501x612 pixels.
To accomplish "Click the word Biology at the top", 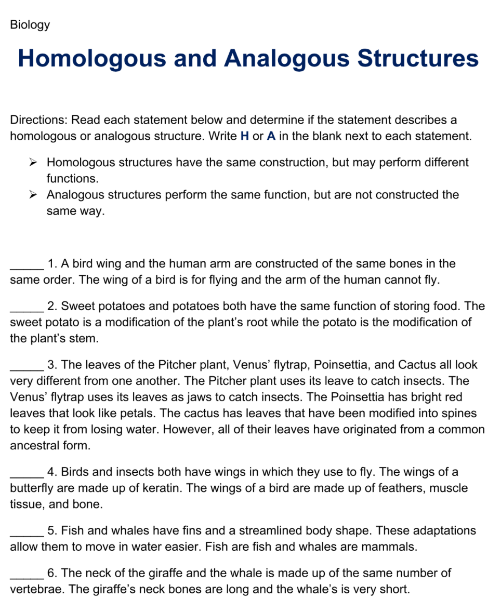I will tap(30, 25).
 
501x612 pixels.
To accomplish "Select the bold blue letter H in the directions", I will tap(245, 137).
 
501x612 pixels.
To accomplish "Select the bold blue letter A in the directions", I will tap(271, 137).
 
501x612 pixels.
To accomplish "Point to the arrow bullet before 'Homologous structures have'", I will tap(33, 163).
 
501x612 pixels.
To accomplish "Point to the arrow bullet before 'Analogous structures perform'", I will tap(33, 195).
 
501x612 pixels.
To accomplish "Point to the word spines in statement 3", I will tap(460, 414).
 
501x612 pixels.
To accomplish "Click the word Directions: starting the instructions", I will tap(38, 120).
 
